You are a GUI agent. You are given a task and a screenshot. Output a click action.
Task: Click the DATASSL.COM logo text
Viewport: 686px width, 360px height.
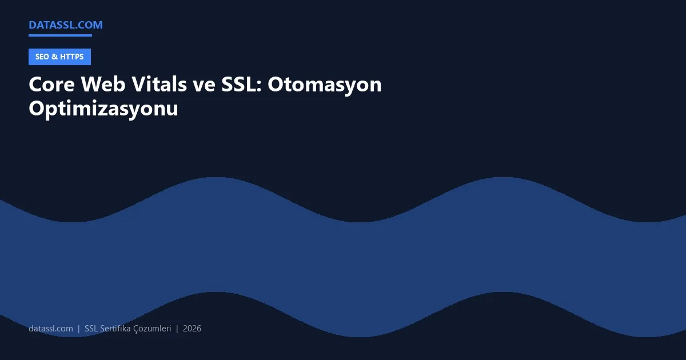click(x=65, y=25)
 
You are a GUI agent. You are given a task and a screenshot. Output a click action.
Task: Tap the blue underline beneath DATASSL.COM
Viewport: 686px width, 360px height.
click(x=60, y=35)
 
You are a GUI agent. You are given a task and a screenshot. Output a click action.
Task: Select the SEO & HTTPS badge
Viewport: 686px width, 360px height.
click(x=59, y=57)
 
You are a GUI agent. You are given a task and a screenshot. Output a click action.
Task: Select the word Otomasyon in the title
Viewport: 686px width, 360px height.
click(x=325, y=85)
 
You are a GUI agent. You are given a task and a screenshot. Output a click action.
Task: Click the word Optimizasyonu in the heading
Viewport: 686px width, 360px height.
click(x=103, y=109)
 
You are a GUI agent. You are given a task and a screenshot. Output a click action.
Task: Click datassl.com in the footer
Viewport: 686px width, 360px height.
click(x=51, y=329)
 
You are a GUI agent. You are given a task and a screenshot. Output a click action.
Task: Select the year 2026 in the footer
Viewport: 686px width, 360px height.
click(x=192, y=329)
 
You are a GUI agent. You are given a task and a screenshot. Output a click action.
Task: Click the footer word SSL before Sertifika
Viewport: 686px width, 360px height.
click(x=91, y=329)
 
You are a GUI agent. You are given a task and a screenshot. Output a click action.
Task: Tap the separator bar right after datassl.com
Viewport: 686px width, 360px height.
click(x=79, y=329)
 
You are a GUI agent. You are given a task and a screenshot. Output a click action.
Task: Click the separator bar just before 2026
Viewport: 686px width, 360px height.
click(x=177, y=329)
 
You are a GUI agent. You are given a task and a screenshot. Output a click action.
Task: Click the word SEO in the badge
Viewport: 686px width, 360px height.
click(x=42, y=57)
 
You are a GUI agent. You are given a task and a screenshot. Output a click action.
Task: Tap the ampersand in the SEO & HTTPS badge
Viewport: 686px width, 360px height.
click(x=54, y=57)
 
